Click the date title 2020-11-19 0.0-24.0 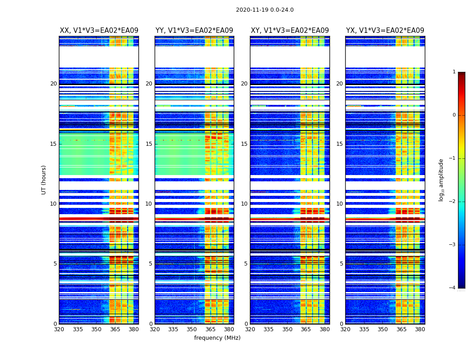click(265, 10)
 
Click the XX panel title click(99, 31)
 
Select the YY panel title click(194, 31)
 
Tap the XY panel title click(290, 31)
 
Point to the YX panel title click(385, 31)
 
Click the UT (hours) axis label click(44, 180)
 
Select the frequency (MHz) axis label click(217, 338)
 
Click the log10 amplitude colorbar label click(441, 180)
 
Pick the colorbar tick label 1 click(454, 72)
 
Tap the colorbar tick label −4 click(453, 288)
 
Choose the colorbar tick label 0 click(454, 115)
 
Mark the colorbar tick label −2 click(453, 202)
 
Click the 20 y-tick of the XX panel click(53, 84)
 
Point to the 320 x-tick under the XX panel click(59, 329)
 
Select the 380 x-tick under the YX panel click(420, 329)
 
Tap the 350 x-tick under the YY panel click(192, 329)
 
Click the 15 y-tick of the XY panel click(244, 144)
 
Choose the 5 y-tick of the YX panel click(341, 264)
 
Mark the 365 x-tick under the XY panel click(306, 329)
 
